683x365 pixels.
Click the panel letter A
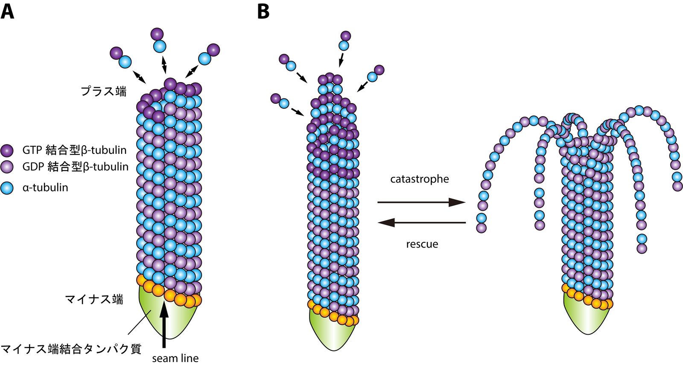pos(8,12)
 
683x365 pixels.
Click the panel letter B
pos(263,12)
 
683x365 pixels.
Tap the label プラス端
pos(104,91)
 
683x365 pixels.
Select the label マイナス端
pos(94,299)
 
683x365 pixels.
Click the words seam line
pos(175,358)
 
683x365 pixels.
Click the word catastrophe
pos(420,179)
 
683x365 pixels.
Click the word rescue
pos(422,244)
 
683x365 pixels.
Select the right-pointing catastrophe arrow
pos(421,202)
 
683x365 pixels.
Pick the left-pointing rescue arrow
pos(422,222)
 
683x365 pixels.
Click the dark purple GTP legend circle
pos(8,150)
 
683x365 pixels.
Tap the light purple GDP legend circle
pos(8,167)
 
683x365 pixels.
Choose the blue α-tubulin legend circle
pos(8,187)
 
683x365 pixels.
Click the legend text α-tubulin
pos(45,187)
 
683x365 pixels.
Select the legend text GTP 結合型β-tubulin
pos(74,150)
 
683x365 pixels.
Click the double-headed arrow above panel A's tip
pos(164,65)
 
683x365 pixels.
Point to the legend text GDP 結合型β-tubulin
pos(75,167)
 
